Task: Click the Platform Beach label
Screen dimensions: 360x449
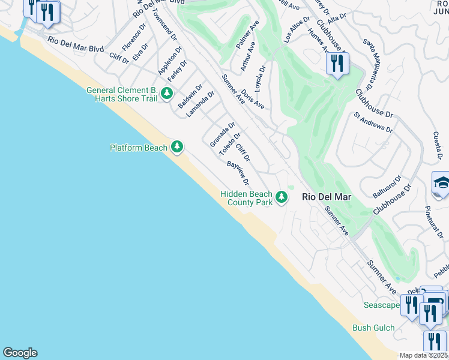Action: [139, 148]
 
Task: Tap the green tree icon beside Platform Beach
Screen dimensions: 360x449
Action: [176, 146]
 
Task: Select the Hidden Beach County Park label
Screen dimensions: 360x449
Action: [246, 198]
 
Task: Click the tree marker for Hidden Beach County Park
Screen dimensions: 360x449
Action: [281, 197]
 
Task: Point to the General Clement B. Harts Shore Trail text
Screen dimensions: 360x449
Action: [122, 94]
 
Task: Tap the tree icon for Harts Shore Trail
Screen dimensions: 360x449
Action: [166, 94]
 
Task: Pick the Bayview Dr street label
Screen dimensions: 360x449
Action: [238, 173]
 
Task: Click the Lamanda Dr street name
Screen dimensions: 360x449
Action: [200, 104]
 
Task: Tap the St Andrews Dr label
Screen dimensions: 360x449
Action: [373, 122]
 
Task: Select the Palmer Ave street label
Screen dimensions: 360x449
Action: [247, 37]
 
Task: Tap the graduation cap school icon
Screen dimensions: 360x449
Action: [441, 183]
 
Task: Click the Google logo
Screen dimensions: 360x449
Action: [20, 353]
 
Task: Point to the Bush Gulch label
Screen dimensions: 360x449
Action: [373, 328]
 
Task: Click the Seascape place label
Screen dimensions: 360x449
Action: [381, 305]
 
